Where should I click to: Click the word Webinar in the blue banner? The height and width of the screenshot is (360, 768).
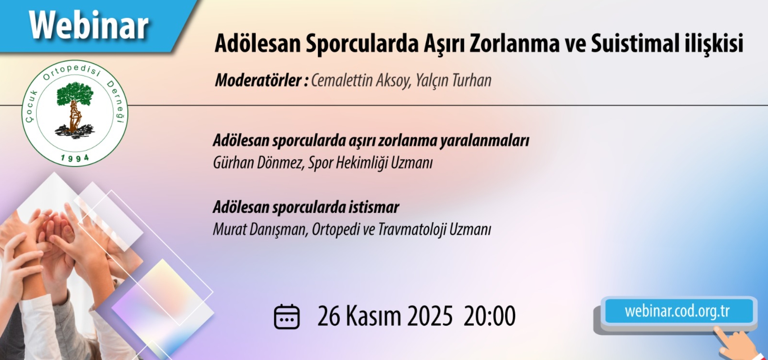coord(89,26)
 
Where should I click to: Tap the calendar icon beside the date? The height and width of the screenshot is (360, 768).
coord(286,317)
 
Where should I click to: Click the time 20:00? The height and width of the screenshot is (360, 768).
coord(490,316)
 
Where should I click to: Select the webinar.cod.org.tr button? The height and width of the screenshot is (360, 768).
coord(677,311)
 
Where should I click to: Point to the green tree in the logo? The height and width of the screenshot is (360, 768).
coord(75,94)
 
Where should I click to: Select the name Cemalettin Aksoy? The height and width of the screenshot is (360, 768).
coord(361,80)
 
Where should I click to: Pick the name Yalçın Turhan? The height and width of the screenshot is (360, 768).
coord(454,80)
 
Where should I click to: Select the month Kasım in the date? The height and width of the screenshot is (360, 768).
coord(373,316)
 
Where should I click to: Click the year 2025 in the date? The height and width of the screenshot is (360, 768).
coord(430,316)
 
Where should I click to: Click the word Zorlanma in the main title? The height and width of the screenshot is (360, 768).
coord(514,43)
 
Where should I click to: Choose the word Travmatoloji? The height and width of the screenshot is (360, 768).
coord(412,230)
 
